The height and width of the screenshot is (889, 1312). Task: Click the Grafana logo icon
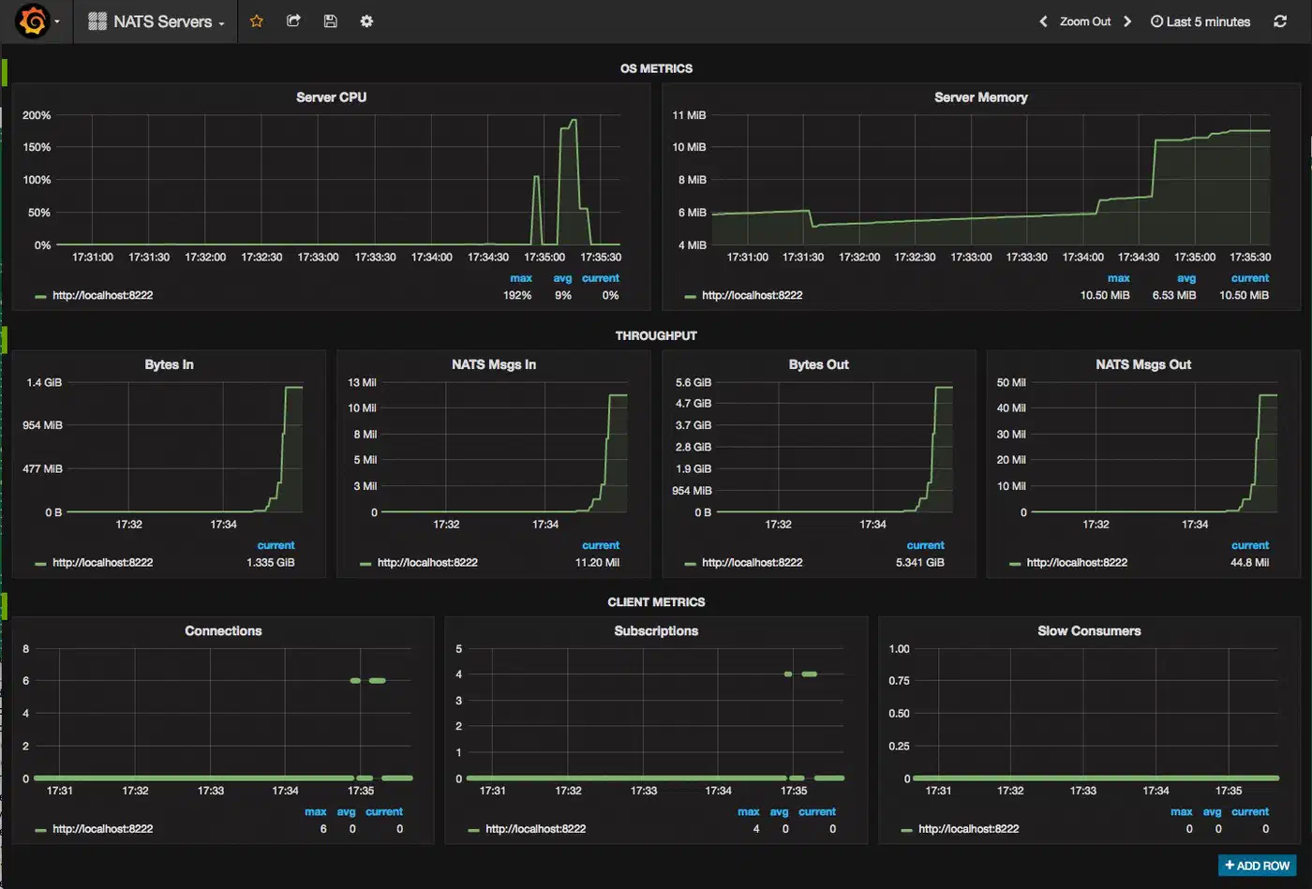pyautogui.click(x=32, y=22)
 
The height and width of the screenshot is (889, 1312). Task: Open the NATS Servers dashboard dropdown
pyautogui.click(x=157, y=22)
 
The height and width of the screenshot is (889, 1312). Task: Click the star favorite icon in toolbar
pyautogui.click(x=257, y=22)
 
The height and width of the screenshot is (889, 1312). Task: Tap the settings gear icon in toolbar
pyautogui.click(x=366, y=22)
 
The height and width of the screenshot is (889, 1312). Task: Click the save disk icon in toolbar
pyautogui.click(x=330, y=22)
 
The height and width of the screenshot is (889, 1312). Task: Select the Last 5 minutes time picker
pyautogui.click(x=1200, y=22)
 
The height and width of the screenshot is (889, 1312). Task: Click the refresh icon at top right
pyautogui.click(x=1280, y=22)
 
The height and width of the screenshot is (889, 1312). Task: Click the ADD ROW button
pyautogui.click(x=1257, y=865)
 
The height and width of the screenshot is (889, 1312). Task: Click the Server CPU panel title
pyautogui.click(x=331, y=97)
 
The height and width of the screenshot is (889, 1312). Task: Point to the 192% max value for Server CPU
pyautogui.click(x=517, y=295)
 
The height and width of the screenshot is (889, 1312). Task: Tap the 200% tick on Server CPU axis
pyautogui.click(x=37, y=115)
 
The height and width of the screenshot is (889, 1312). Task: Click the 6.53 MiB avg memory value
pyautogui.click(x=1173, y=295)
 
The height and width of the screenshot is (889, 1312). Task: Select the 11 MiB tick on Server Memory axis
pyautogui.click(x=689, y=115)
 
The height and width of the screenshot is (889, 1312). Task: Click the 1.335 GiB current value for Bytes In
pyautogui.click(x=271, y=562)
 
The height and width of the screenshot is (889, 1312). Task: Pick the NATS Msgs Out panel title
pyautogui.click(x=1143, y=364)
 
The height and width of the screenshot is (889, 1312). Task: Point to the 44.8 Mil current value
pyautogui.click(x=1249, y=562)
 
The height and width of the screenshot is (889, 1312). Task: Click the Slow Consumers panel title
pyautogui.click(x=1089, y=630)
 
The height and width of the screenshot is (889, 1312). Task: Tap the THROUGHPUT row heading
pyautogui.click(x=656, y=335)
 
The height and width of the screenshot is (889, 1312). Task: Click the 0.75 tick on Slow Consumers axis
pyautogui.click(x=899, y=680)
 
